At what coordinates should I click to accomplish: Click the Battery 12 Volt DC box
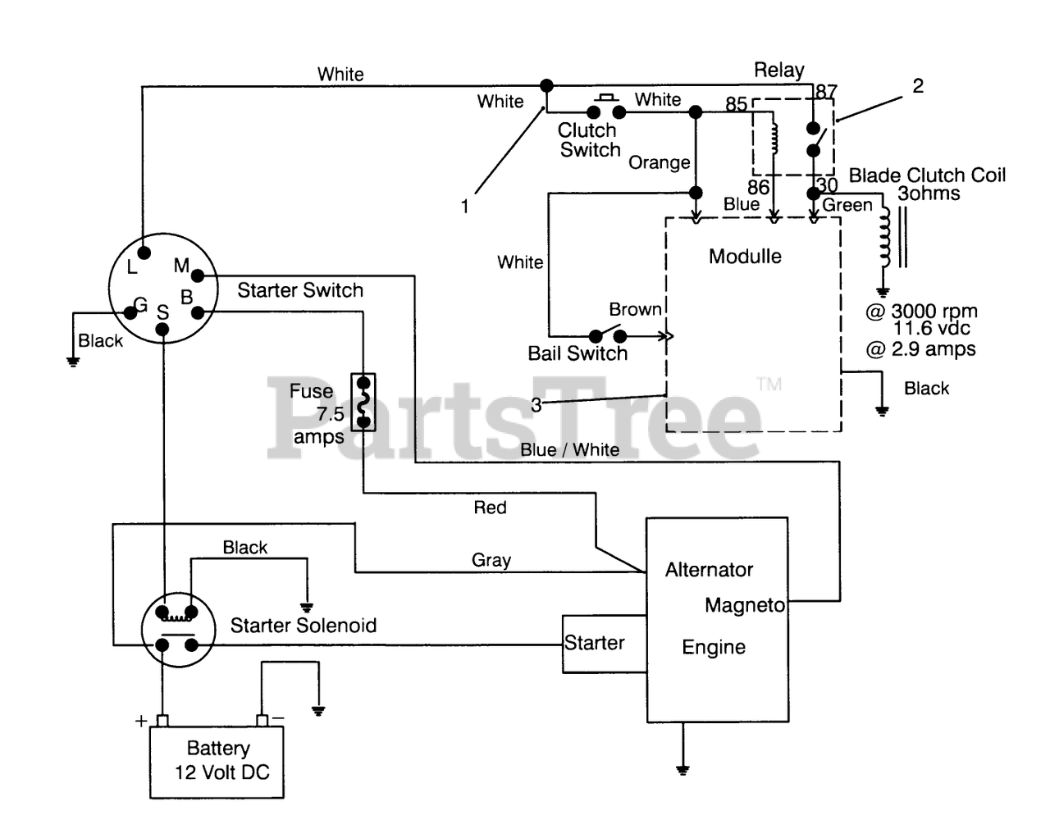pyautogui.click(x=217, y=762)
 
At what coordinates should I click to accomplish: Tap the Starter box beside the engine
pyautogui.click(x=605, y=644)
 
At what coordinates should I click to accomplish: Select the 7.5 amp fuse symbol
pyautogui.click(x=363, y=402)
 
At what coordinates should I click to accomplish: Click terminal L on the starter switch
pyautogui.click(x=144, y=253)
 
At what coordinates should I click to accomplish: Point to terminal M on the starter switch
pyautogui.click(x=197, y=276)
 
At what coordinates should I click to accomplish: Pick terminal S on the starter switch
pyautogui.click(x=162, y=330)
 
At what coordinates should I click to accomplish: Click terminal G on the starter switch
pyautogui.click(x=130, y=312)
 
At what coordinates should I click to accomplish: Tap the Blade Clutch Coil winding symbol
pyautogui.click(x=885, y=237)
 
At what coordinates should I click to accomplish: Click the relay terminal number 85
pyautogui.click(x=737, y=104)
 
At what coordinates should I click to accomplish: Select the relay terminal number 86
pyautogui.click(x=758, y=187)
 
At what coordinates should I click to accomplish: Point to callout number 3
pyautogui.click(x=536, y=405)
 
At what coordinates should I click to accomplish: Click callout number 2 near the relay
pyautogui.click(x=918, y=86)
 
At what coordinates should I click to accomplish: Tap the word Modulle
pyautogui.click(x=745, y=256)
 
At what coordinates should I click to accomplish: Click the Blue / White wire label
pyautogui.click(x=570, y=449)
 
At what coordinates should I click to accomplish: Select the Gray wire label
pyautogui.click(x=491, y=560)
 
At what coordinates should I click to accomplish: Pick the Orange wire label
pyautogui.click(x=660, y=162)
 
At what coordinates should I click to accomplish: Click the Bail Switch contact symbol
pyautogui.click(x=608, y=334)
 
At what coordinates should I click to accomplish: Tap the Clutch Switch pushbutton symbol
pyautogui.click(x=606, y=107)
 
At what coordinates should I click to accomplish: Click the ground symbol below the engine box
pyautogui.click(x=682, y=770)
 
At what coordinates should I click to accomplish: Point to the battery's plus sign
pyautogui.click(x=141, y=721)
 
